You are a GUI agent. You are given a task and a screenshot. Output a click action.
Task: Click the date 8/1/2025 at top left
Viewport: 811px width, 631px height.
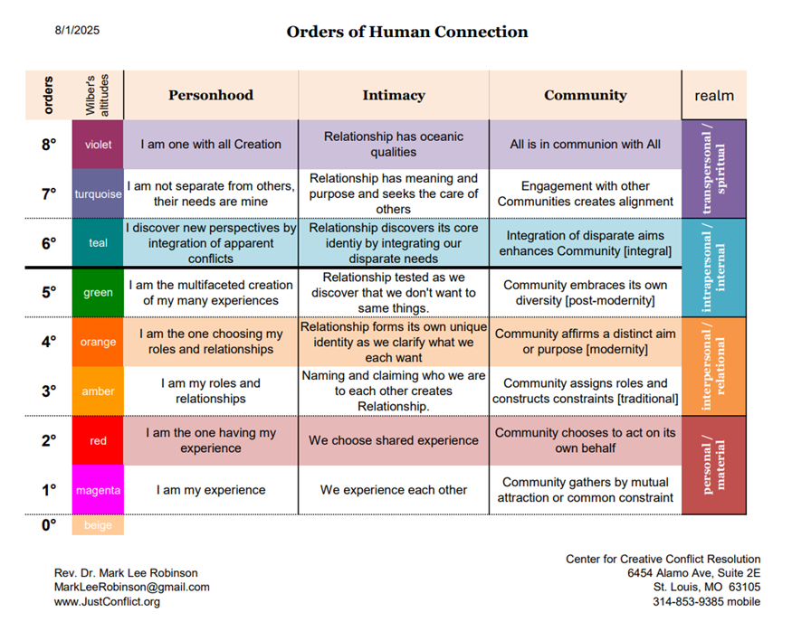(x=77, y=31)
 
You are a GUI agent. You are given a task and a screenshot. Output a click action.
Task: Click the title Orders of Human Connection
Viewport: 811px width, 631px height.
(x=406, y=33)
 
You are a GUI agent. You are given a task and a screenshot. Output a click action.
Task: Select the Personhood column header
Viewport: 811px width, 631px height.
(x=211, y=95)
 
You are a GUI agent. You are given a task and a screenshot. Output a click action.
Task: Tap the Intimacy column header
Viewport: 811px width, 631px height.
(x=394, y=95)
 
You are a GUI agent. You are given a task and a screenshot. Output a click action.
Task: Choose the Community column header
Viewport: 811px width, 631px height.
(x=585, y=95)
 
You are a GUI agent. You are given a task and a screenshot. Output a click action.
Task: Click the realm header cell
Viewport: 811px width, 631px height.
(x=714, y=95)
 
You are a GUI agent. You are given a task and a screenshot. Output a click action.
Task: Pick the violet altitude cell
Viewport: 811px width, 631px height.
(x=98, y=145)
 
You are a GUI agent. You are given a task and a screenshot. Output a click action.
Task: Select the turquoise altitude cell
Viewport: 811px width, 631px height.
(x=98, y=193)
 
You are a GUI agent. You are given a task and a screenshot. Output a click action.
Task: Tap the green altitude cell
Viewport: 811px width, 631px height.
(x=98, y=293)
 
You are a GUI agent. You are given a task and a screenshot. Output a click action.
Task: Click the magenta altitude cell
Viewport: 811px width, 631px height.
(x=98, y=490)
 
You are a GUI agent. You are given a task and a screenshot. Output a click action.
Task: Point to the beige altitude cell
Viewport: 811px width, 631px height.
(x=98, y=525)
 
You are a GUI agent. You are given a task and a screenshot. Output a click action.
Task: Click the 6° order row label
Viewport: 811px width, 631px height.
(x=49, y=243)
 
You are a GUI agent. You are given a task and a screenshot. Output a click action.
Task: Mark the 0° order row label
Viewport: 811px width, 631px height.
(x=49, y=525)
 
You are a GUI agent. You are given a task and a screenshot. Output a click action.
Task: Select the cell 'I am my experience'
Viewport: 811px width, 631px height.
(x=211, y=490)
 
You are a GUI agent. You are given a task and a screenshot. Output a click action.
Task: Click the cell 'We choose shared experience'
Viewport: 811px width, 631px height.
(x=394, y=441)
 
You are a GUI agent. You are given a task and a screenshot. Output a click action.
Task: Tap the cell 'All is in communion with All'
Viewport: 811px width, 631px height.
(x=585, y=145)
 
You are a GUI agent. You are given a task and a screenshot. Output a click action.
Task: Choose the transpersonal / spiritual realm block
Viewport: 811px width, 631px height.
(x=714, y=169)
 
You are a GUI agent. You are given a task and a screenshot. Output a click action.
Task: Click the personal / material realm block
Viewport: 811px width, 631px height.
(x=714, y=465)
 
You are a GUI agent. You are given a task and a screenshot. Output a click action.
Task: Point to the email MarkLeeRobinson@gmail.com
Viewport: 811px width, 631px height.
(x=131, y=587)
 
